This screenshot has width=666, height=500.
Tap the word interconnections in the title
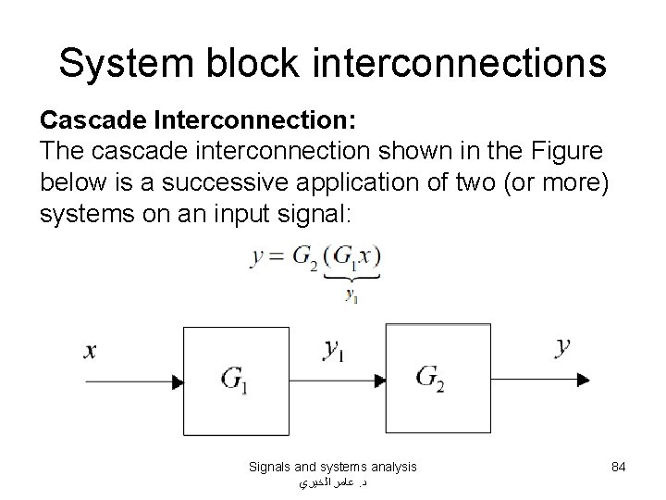[456, 62]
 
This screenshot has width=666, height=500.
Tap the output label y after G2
[562, 348]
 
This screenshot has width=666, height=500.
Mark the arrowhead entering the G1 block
[176, 379]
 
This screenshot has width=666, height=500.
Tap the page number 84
[619, 468]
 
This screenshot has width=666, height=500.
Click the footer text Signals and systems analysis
[332, 468]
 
